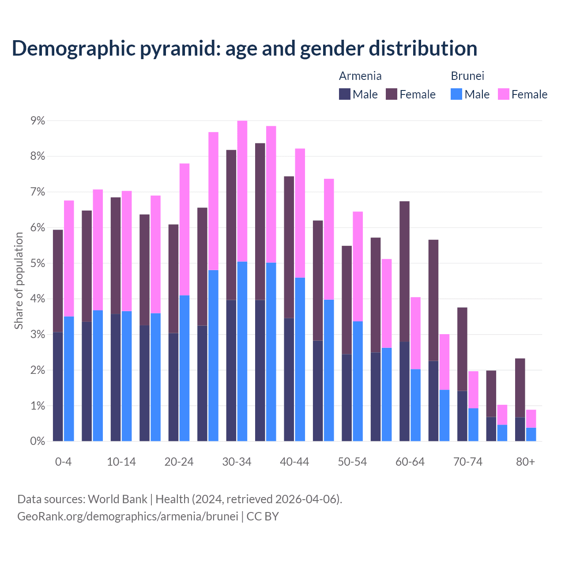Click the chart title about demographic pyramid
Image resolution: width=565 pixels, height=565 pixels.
(x=245, y=48)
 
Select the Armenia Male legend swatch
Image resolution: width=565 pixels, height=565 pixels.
(x=344, y=94)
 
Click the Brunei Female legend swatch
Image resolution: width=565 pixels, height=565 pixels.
(x=503, y=94)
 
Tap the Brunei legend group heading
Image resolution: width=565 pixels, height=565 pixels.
(x=467, y=76)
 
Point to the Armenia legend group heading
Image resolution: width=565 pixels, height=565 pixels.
(x=360, y=76)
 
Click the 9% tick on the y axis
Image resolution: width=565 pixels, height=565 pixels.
(x=37, y=121)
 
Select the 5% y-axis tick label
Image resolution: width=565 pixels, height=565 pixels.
(x=37, y=264)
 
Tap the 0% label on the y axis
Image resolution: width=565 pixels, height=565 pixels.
(x=37, y=441)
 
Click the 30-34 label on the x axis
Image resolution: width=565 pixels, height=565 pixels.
(x=237, y=462)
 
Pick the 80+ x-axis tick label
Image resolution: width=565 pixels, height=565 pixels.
(x=525, y=462)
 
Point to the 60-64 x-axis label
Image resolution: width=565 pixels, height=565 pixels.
(x=410, y=462)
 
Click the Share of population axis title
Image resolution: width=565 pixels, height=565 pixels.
(x=19, y=281)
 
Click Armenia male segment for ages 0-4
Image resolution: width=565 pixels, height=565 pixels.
(x=58, y=386)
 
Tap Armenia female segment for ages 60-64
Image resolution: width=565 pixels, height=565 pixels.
(x=404, y=271)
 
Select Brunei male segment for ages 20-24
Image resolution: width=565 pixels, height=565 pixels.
(x=185, y=368)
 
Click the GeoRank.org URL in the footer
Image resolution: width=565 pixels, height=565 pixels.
(x=128, y=516)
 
